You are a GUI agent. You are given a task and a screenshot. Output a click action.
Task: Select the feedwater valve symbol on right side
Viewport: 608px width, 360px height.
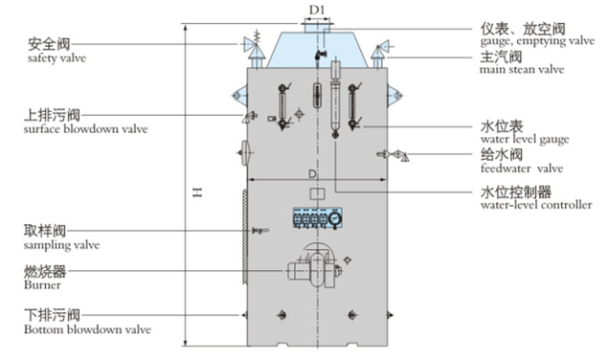397,154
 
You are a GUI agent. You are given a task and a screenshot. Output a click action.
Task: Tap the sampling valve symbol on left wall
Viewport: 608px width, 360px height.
257,231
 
